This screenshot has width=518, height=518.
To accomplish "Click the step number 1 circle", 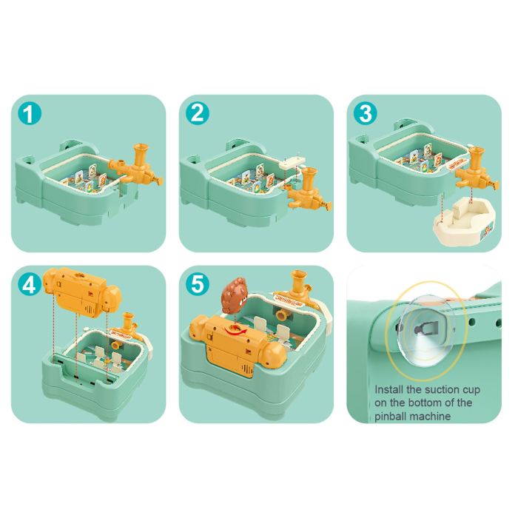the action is (30, 114).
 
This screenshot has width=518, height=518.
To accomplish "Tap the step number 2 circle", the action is (198, 114).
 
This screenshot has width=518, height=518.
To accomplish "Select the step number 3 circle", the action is (365, 114).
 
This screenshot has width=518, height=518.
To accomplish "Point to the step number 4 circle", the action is (30, 284).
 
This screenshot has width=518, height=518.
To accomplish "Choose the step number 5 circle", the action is (198, 284).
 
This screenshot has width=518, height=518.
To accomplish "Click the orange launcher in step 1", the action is (137, 166).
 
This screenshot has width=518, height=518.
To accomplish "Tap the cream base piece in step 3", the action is (463, 221).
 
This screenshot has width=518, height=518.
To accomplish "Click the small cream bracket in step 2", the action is (292, 163).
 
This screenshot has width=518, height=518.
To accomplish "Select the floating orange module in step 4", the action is (83, 292).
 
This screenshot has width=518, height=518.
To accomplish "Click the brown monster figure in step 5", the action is (235, 295).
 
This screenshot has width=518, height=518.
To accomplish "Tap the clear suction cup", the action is (426, 330).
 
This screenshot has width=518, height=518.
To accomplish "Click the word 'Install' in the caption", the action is (388, 389).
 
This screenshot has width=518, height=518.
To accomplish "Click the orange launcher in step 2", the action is (306, 188).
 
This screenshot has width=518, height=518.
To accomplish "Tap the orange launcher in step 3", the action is (476, 169).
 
